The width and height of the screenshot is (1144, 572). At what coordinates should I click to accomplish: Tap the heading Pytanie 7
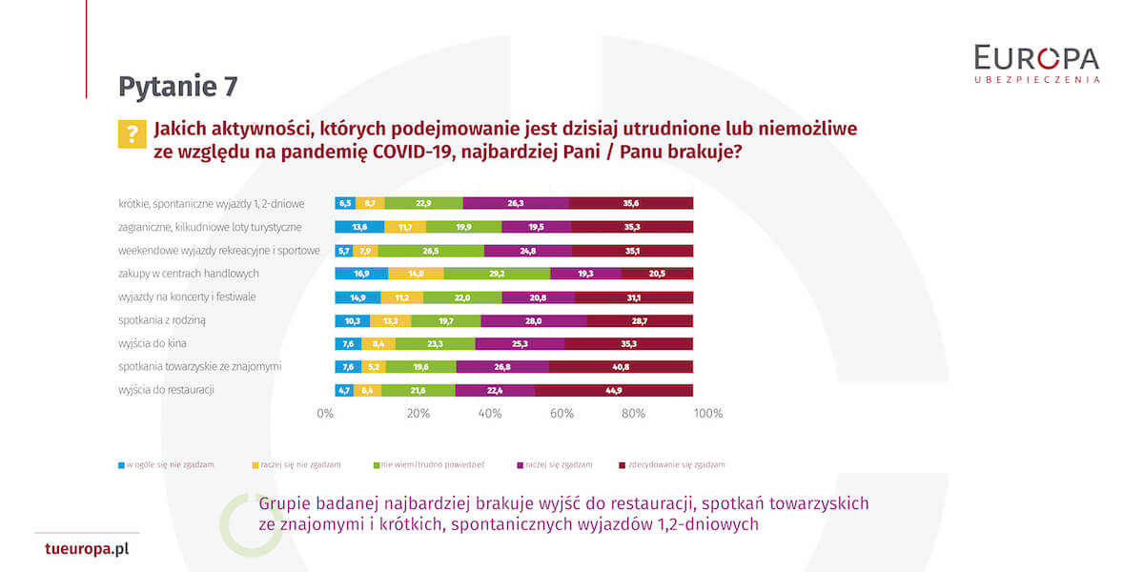tap(177, 87)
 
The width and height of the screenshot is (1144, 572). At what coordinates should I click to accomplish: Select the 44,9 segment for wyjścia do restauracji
tap(613, 390)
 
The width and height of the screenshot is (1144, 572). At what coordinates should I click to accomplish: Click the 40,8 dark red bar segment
tap(621, 366)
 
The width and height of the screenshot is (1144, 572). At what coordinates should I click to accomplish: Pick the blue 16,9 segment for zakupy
tap(361, 273)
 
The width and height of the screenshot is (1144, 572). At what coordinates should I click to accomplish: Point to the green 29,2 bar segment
tap(497, 273)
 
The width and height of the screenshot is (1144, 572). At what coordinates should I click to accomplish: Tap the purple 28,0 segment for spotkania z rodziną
tap(534, 320)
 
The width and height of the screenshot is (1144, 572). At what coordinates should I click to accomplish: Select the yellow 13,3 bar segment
tap(390, 320)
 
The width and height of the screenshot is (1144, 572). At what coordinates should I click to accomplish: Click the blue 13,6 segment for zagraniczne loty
tap(359, 227)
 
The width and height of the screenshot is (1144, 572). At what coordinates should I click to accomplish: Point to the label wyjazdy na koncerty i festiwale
tap(188, 296)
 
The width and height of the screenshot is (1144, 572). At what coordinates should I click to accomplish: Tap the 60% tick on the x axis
tap(562, 414)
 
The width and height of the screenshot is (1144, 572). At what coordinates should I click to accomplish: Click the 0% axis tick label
tap(325, 414)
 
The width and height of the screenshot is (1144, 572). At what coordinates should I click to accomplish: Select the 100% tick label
tap(707, 414)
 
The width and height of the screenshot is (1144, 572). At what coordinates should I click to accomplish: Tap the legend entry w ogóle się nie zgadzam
tap(165, 465)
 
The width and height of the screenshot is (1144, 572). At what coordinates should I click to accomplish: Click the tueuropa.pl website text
tap(87, 549)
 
